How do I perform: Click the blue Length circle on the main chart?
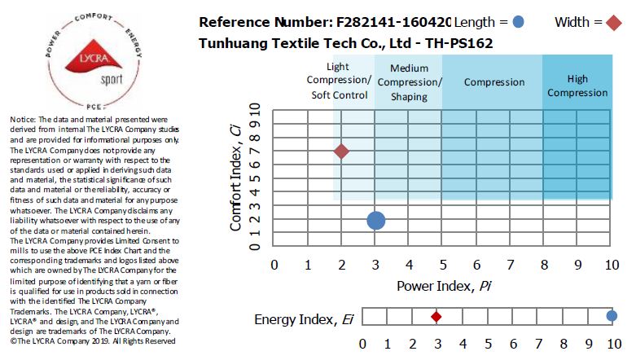(375, 221)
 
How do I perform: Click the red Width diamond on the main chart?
(341, 151)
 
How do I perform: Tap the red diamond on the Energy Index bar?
(436, 316)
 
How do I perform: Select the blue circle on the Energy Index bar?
(612, 316)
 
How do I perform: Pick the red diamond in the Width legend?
(611, 22)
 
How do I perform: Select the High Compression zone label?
(577, 86)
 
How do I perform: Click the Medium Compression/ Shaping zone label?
(409, 82)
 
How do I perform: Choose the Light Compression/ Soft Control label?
(340, 81)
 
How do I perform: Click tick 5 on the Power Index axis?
(442, 264)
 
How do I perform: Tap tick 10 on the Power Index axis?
(610, 264)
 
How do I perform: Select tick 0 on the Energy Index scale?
(362, 343)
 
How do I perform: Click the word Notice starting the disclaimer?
(21, 120)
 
